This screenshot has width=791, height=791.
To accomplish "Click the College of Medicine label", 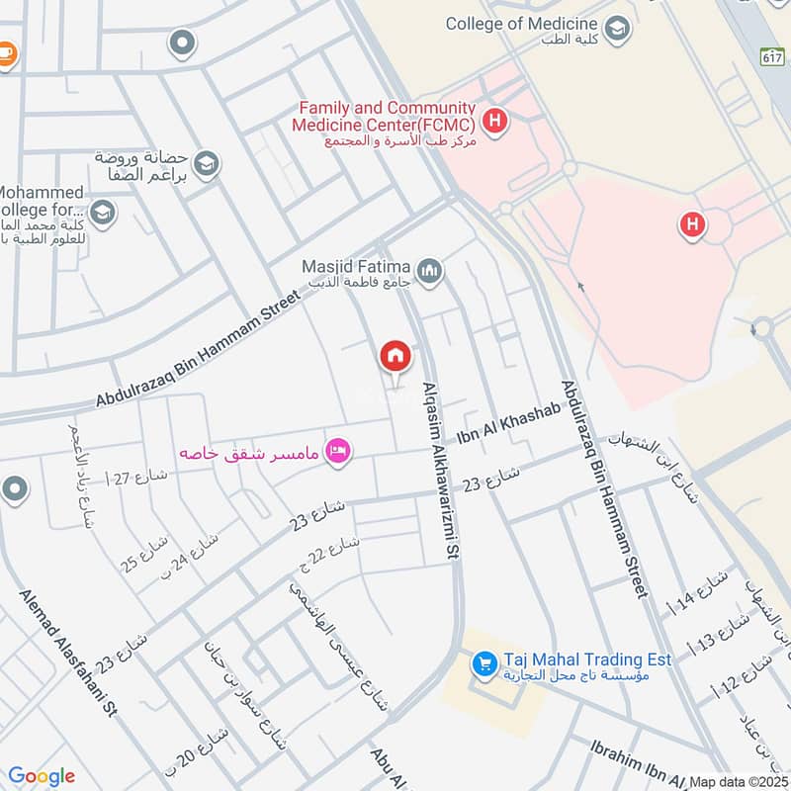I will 521,24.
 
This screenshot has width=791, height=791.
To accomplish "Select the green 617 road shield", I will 773,56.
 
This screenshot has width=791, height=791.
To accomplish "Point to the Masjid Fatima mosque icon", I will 428,271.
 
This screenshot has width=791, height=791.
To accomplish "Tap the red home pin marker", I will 395,356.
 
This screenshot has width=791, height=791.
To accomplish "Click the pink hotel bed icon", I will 339,452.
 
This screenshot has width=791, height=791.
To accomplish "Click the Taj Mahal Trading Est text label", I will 587,659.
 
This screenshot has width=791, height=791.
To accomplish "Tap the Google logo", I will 42,776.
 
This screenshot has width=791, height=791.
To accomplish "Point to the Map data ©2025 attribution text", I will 739,781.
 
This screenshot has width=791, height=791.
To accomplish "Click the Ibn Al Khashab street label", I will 508,424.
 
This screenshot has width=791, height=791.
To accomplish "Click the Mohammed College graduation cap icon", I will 102,212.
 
